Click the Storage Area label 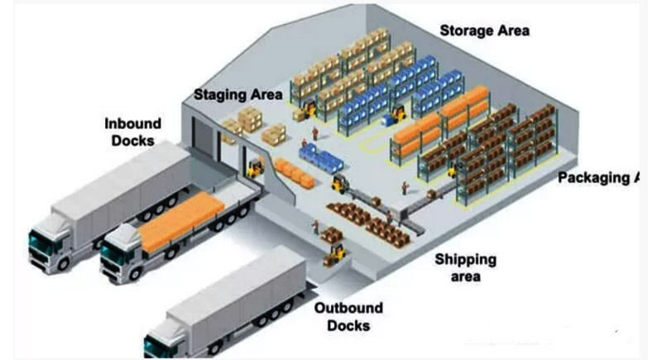coord(484,31)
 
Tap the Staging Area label coord(238,94)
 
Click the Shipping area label coord(467,267)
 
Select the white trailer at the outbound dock coord(240,294)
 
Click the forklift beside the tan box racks coord(308,108)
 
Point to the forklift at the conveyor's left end coord(338,183)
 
